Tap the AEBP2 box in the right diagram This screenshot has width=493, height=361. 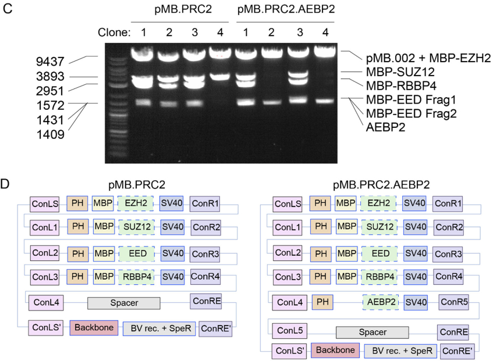tap(380, 303)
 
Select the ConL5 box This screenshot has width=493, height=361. tap(289, 331)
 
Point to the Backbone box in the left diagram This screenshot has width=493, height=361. tap(94, 327)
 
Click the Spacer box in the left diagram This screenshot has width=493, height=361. tap(123, 303)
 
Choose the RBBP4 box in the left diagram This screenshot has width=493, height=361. tap(136, 277)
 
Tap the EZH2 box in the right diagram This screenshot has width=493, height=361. tap(378, 204)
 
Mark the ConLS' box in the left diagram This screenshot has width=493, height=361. tap(45, 328)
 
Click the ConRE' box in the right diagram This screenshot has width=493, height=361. tap(457, 351)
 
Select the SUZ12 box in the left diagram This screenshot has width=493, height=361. tap(136, 226)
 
